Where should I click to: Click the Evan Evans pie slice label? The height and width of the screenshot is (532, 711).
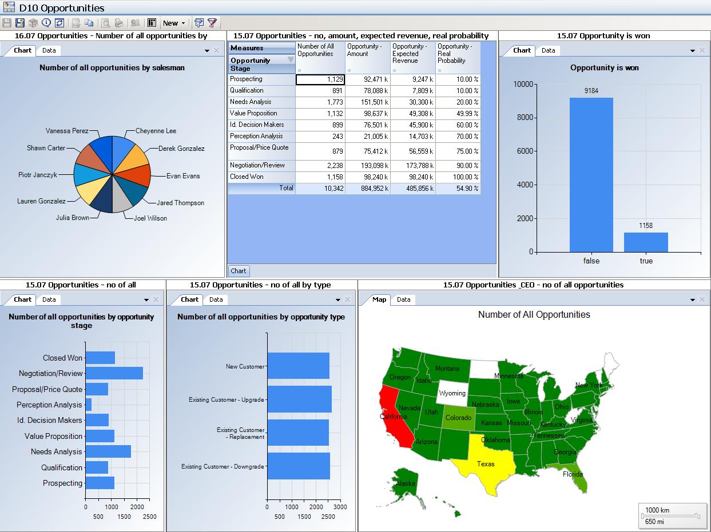pyautogui.click(x=183, y=176)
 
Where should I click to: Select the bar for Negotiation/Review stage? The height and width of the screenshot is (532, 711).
pyautogui.click(x=114, y=373)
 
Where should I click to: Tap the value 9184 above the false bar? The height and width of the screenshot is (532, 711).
pyautogui.click(x=591, y=91)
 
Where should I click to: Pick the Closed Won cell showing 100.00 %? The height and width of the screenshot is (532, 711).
pyautogui.click(x=458, y=177)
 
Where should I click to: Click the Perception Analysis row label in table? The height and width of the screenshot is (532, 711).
pyautogui.click(x=256, y=137)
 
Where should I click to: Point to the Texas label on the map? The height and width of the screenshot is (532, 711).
pyautogui.click(x=486, y=464)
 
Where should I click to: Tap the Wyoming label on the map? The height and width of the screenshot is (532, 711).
pyautogui.click(x=452, y=394)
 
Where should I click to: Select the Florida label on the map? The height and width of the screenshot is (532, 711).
pyautogui.click(x=573, y=474)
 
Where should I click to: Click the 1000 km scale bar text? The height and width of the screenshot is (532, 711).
pyautogui.click(x=657, y=510)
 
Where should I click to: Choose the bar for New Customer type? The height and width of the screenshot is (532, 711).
pyautogui.click(x=298, y=366)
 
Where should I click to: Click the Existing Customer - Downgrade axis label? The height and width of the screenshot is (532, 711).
pyautogui.click(x=223, y=467)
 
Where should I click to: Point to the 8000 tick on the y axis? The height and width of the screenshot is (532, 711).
pyautogui.click(x=525, y=118)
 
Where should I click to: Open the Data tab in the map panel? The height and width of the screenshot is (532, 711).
pyautogui.click(x=404, y=299)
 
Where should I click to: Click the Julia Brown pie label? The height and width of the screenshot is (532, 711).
pyautogui.click(x=72, y=218)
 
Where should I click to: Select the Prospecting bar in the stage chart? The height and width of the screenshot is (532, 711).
pyautogui.click(x=100, y=483)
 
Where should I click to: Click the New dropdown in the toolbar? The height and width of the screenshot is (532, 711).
pyautogui.click(x=173, y=23)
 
